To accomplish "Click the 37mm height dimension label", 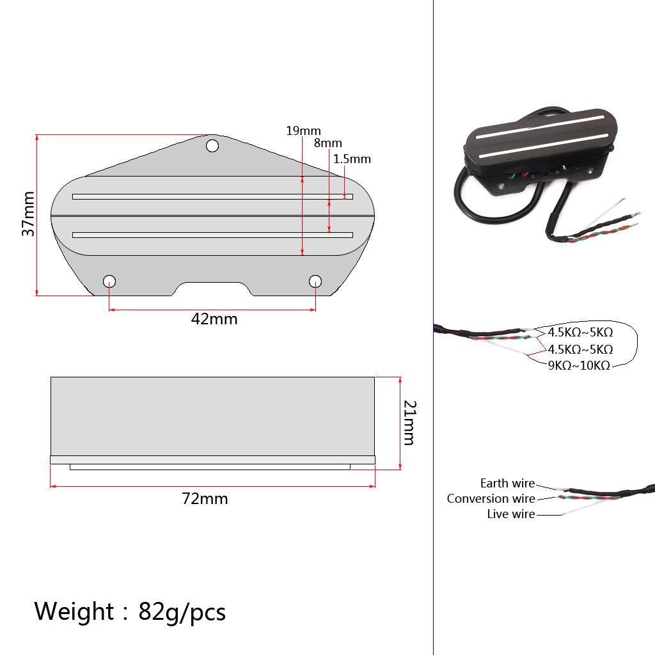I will (28, 214).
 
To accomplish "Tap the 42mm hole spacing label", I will (214, 319).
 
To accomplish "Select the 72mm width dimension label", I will (205, 498).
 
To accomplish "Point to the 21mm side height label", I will (409, 422).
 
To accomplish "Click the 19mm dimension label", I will (303, 131).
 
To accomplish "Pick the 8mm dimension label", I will (327, 143).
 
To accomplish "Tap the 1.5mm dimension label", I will (351, 159).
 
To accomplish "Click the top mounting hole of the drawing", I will (212, 146).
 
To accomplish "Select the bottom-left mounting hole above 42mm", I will (109, 281).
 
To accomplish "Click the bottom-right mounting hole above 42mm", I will (315, 281).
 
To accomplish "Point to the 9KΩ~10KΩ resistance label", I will (578, 366).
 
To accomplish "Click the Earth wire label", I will (507, 484).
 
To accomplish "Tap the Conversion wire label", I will (491, 499).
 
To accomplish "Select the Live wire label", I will (510, 514).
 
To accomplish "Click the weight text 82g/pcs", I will (182, 612).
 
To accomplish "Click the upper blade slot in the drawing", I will (212, 196).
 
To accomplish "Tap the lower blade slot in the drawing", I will (212, 235).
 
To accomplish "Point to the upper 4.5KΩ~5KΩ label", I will (580, 333).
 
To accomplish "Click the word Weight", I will (74, 612).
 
